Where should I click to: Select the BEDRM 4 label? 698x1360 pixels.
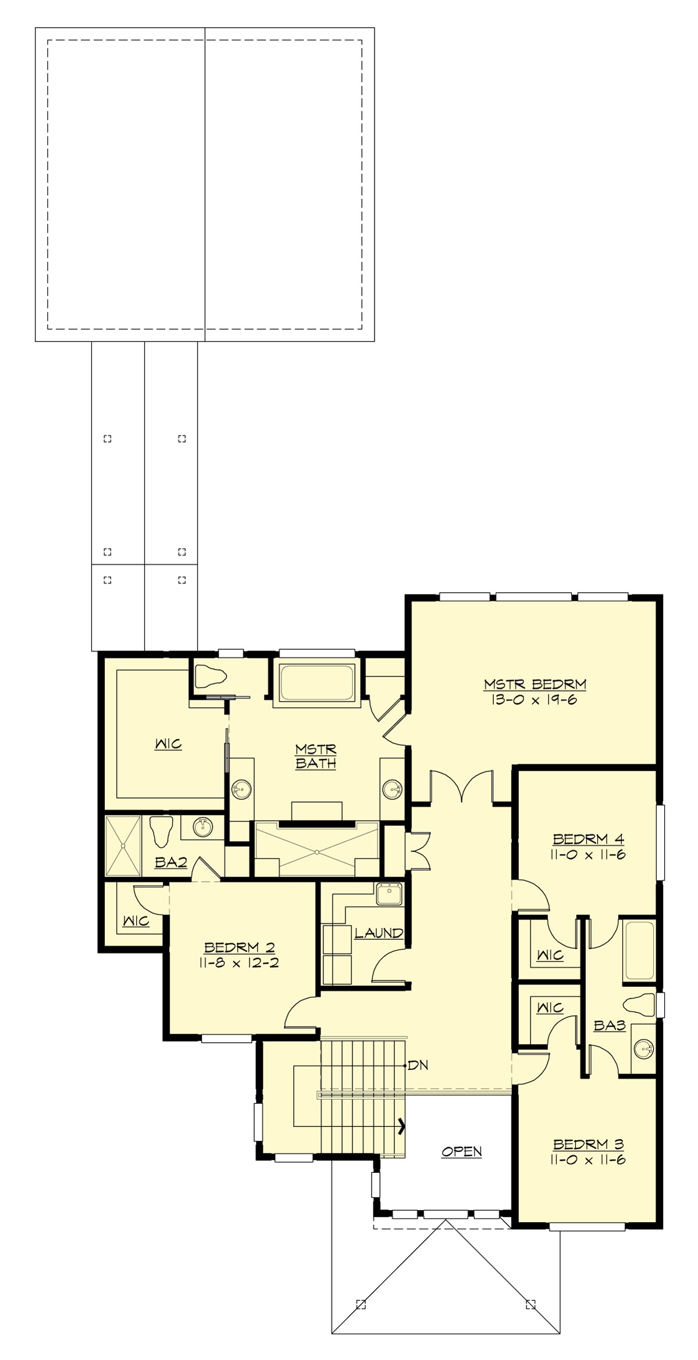pyautogui.click(x=588, y=839)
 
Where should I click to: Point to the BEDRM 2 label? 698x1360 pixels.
pyautogui.click(x=238, y=947)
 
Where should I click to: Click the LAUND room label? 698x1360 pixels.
pyautogui.click(x=379, y=933)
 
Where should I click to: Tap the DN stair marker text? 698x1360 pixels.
pyautogui.click(x=418, y=1065)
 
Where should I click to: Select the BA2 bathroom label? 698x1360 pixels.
pyautogui.click(x=170, y=862)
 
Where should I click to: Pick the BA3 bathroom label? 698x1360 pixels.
pyautogui.click(x=609, y=1026)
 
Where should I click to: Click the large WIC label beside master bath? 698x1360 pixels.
pyautogui.click(x=168, y=744)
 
